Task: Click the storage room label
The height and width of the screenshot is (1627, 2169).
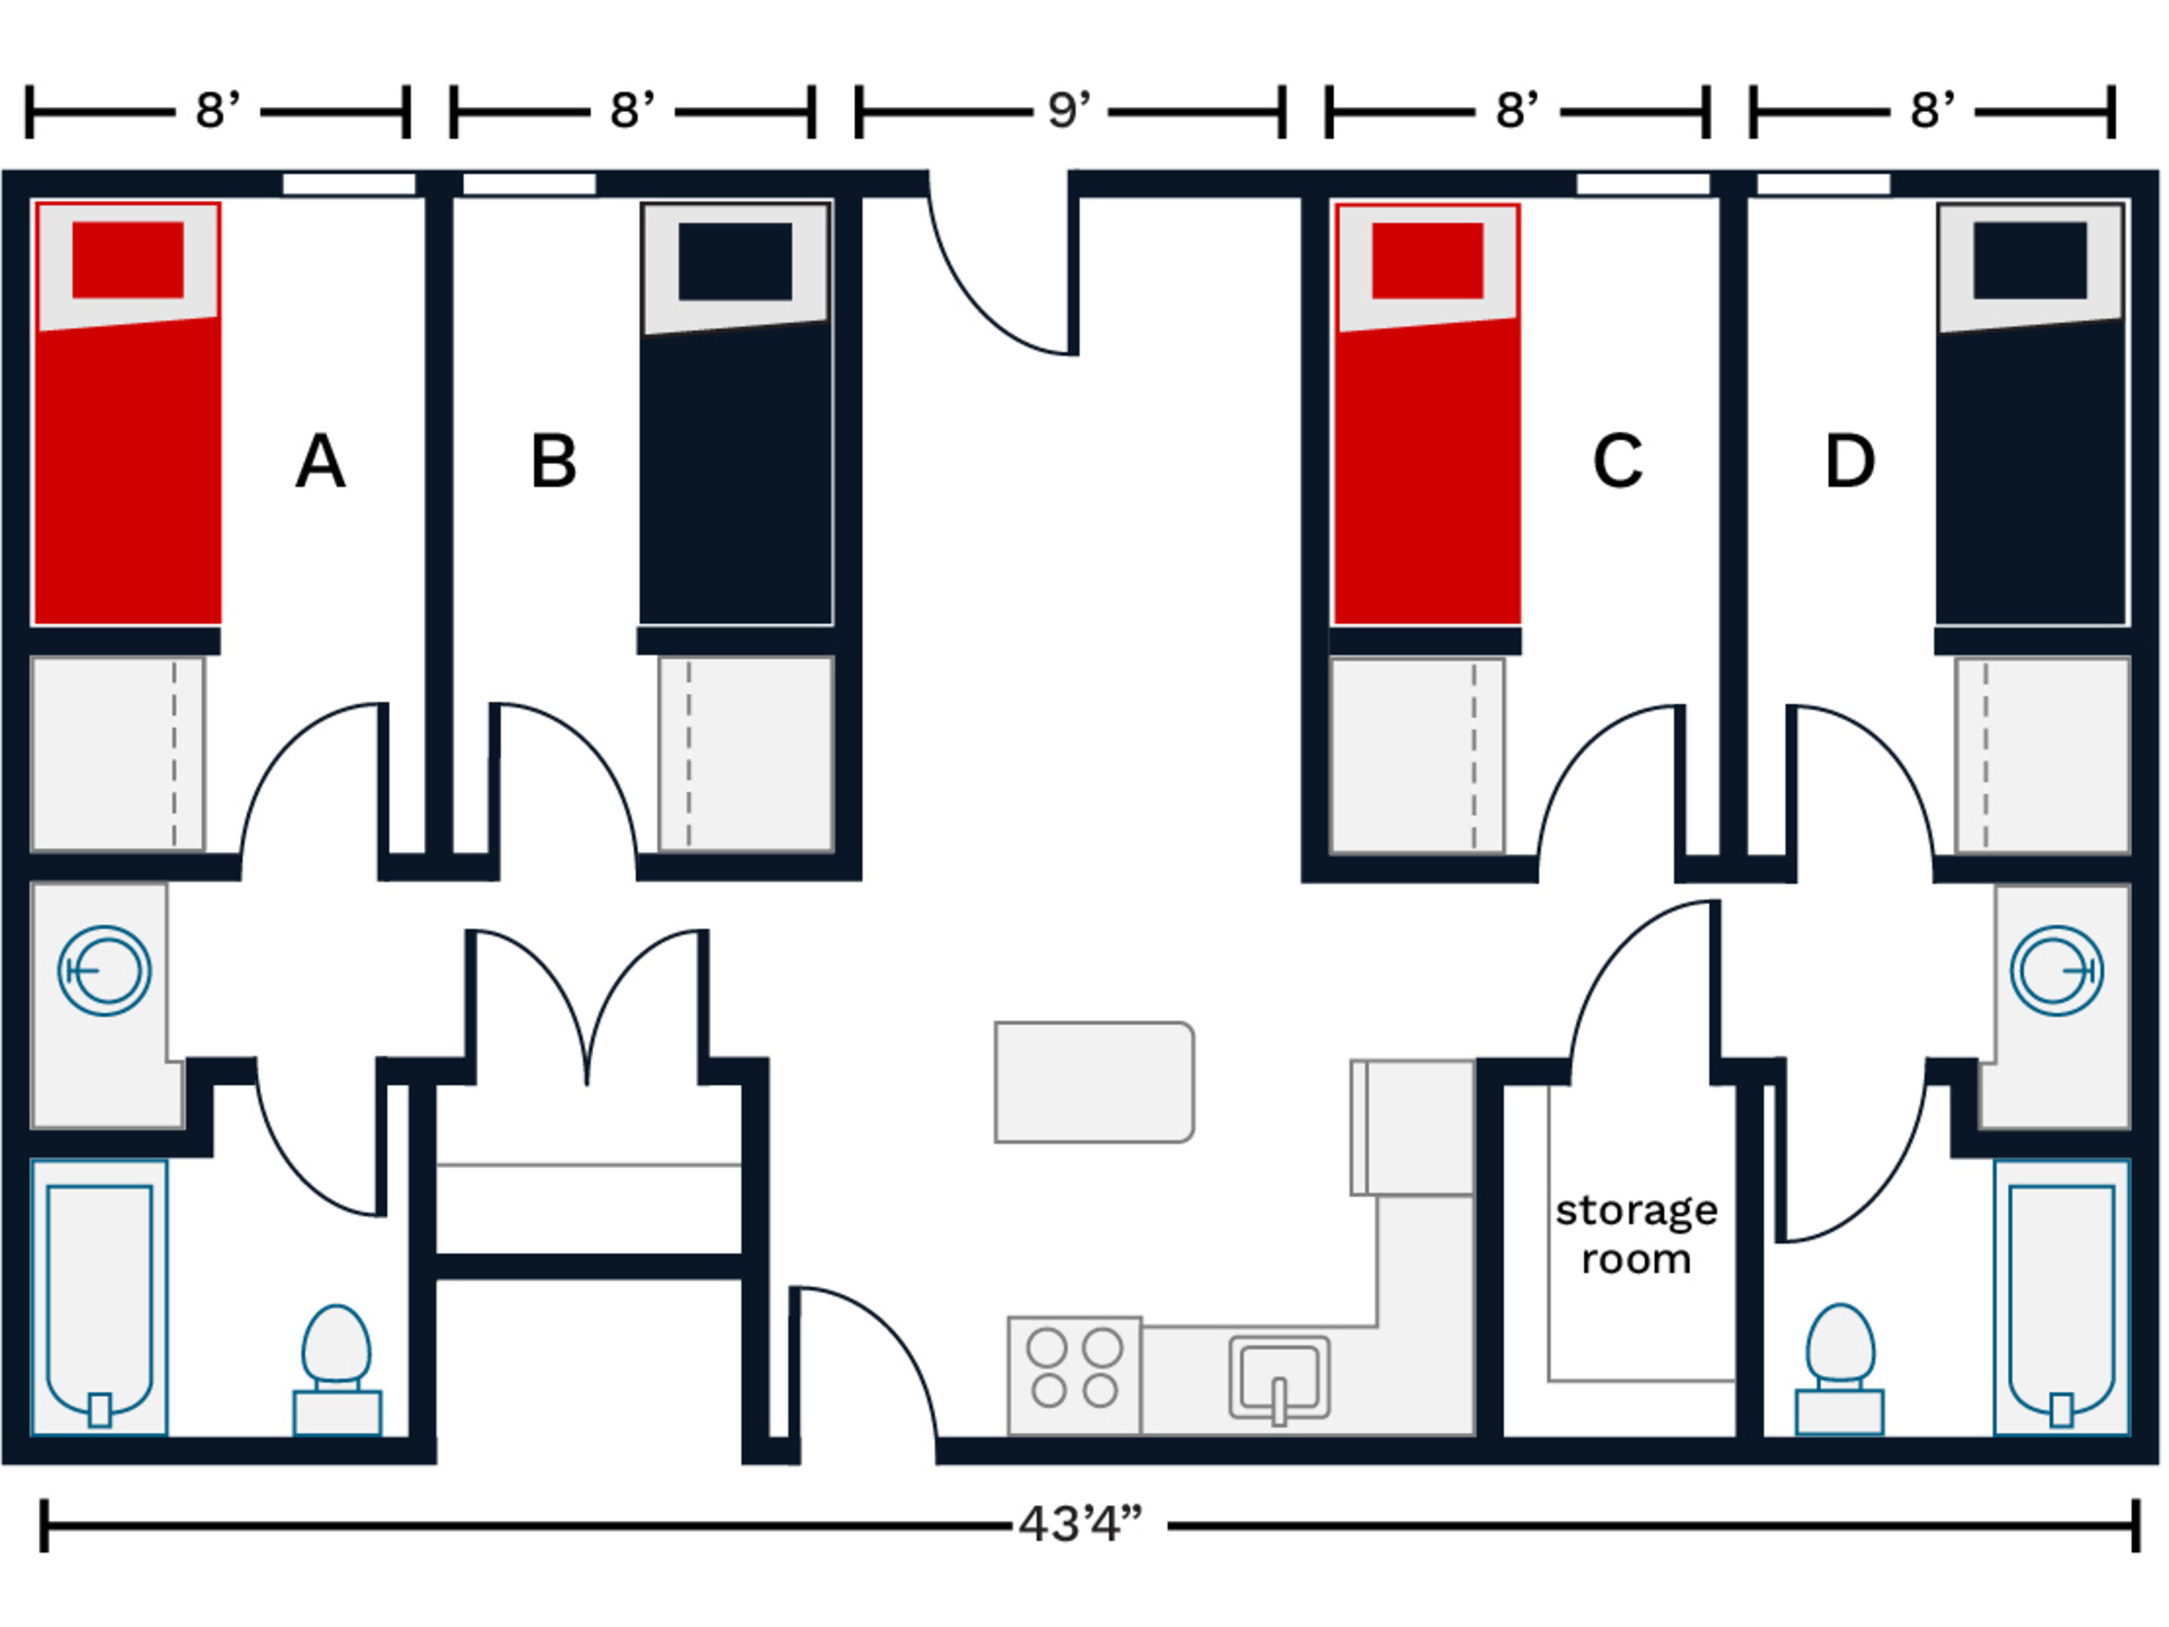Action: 1636,1234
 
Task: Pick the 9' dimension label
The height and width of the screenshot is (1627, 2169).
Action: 1069,111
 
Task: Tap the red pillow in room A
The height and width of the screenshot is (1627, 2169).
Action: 127,260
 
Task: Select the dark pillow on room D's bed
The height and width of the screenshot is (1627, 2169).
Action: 2029,260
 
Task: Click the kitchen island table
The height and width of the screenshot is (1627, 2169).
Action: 1094,1082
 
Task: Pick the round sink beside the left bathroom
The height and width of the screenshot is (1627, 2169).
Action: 104,971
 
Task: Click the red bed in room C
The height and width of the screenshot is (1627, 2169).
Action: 1426,471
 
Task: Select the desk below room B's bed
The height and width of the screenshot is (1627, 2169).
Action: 746,753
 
